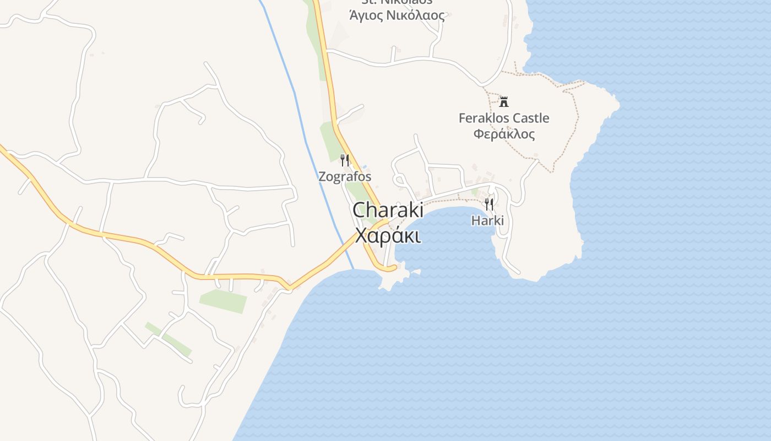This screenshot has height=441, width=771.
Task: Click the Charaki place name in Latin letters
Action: click(x=388, y=210)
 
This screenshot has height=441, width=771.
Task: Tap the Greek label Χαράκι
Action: click(x=388, y=235)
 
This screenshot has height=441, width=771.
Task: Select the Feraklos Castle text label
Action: click(x=504, y=118)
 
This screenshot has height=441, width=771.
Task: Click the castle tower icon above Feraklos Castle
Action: click(x=503, y=101)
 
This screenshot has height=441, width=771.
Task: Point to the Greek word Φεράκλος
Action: click(x=504, y=134)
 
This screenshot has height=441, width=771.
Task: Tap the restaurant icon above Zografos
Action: click(x=345, y=160)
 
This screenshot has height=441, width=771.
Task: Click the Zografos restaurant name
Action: click(x=345, y=177)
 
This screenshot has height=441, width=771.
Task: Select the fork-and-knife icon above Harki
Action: click(x=488, y=205)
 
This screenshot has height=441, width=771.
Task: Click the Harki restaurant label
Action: click(x=487, y=220)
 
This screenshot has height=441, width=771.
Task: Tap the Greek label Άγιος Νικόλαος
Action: click(x=397, y=15)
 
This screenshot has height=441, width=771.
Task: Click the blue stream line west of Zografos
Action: click(x=308, y=138)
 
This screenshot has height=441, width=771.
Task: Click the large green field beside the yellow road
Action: click(x=223, y=300)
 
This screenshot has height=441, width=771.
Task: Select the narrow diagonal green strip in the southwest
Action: click(x=168, y=339)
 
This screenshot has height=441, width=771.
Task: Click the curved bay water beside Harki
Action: click(x=446, y=237)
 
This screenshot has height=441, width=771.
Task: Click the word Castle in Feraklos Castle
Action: click(x=531, y=118)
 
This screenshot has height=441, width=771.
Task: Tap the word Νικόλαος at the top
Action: click(x=420, y=15)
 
